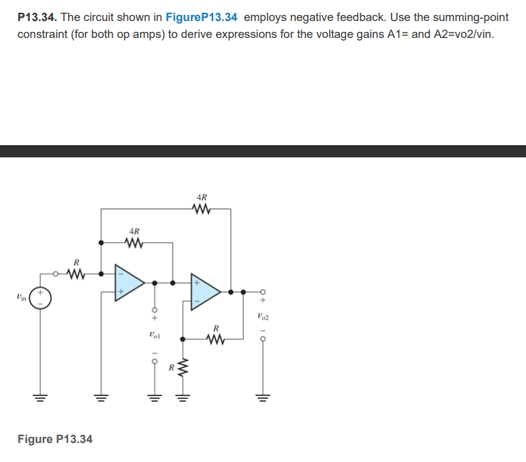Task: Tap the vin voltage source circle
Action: pos(39,296)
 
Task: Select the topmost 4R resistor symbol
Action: pos(202,209)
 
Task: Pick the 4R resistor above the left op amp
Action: pos(134,242)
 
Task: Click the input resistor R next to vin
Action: pos(77,274)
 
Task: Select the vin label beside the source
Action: pos(22,296)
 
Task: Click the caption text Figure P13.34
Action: pos(55,439)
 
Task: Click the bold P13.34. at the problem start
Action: pos(38,17)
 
